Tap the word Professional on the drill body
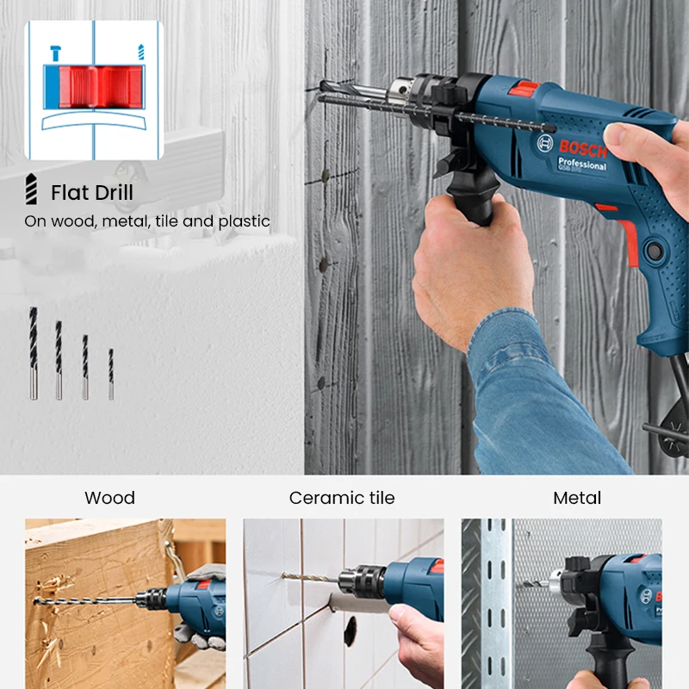(x=582, y=164)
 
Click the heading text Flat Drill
(x=92, y=192)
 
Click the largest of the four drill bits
(x=33, y=353)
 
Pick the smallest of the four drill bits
(x=110, y=373)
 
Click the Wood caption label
(x=109, y=498)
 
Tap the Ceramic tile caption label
(x=342, y=498)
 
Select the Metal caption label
(x=577, y=498)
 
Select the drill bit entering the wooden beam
(x=86, y=597)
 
